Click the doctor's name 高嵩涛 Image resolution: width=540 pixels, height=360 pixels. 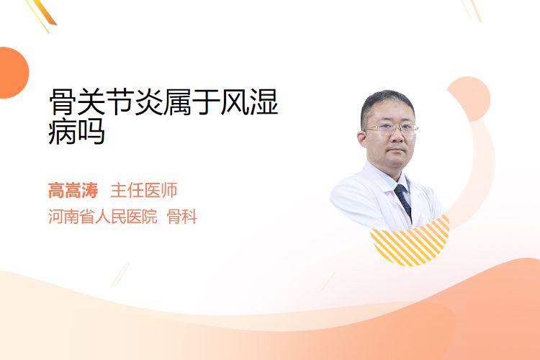coord(73,191)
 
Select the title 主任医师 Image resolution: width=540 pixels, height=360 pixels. coord(143,191)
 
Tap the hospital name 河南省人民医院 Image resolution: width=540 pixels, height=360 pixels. coord(103,217)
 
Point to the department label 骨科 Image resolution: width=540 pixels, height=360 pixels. coord(182,217)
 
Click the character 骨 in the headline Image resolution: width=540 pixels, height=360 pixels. coord(63,102)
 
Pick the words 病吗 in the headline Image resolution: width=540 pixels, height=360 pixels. coord(76,132)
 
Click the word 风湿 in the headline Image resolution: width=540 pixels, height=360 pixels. coord(249,102)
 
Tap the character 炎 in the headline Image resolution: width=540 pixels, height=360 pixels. coord(149,102)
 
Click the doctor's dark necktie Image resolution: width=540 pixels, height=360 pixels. coord(403,200)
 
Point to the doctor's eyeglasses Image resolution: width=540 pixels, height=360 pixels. coord(391,129)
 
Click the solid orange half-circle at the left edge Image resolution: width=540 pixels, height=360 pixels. coord(13,73)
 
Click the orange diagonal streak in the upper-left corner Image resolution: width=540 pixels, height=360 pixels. coord(45,13)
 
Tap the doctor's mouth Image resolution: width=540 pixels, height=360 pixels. coord(397,151)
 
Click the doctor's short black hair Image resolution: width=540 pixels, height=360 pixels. coord(387,104)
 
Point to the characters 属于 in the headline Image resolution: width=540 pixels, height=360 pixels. coord(192,102)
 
